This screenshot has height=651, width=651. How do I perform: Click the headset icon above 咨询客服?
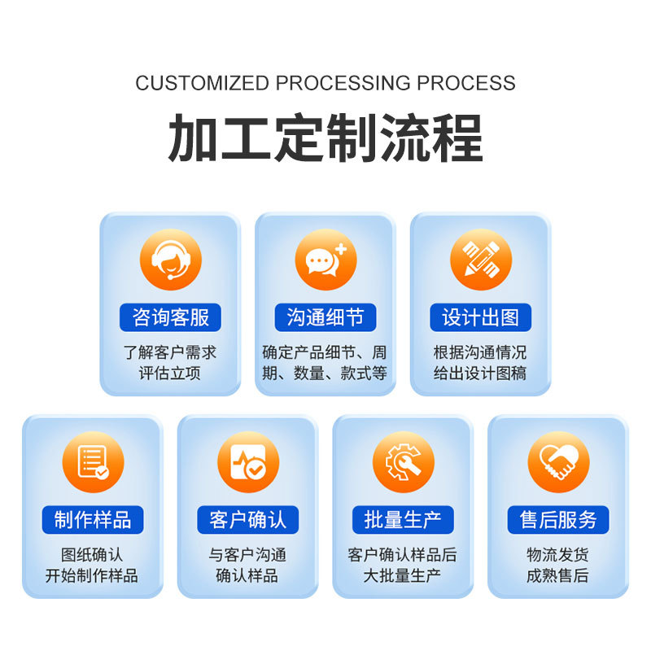click(x=170, y=260)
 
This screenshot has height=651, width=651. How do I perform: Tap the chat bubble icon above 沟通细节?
click(x=325, y=260)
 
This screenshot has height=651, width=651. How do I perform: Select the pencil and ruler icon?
click(x=481, y=260)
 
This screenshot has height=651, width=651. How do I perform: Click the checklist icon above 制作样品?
click(x=93, y=462)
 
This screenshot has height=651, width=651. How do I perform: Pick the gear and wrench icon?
click(x=403, y=462)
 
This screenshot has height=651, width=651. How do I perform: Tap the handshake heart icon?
click(x=558, y=462)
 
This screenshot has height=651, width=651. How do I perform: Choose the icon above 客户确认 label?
click(x=248, y=462)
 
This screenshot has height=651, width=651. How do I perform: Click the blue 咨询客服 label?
click(x=170, y=317)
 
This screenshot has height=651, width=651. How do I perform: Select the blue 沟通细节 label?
click(x=325, y=317)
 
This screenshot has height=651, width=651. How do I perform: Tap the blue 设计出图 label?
click(x=481, y=317)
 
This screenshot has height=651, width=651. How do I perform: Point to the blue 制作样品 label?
click(x=93, y=519)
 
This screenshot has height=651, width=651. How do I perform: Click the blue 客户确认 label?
click(x=248, y=519)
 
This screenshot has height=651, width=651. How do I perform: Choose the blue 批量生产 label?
click(x=403, y=519)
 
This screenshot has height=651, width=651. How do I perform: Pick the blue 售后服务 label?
click(x=558, y=519)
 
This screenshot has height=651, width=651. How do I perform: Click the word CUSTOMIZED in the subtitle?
click(x=202, y=83)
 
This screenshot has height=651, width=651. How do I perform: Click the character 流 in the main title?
click(x=404, y=138)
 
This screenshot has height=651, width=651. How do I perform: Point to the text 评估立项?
click(x=170, y=374)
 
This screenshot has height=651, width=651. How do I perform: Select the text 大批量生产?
click(x=403, y=576)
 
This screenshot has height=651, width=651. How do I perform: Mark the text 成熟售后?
click(x=558, y=576)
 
